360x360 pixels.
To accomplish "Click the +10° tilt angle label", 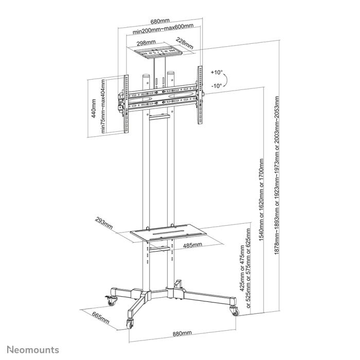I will coord(217,72).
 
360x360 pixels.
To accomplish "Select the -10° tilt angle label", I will coord(217,86).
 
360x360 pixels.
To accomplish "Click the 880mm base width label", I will coord(182,334).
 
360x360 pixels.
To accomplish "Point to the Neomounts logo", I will coord(33,350).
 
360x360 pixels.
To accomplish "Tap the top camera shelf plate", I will coord(159,52).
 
